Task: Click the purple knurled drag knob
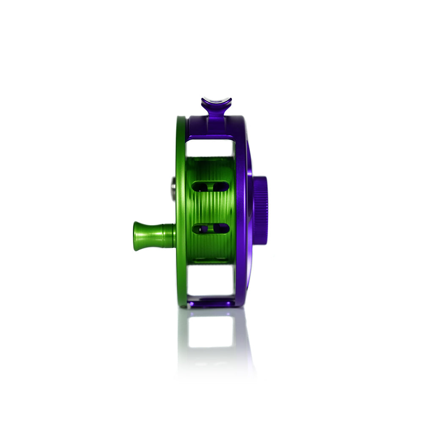click(261, 210)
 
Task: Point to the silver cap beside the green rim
click(173, 189)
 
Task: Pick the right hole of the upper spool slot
click(221, 186)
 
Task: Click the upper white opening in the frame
click(210, 148)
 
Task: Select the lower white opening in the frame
click(210, 280)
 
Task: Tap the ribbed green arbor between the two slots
click(210, 208)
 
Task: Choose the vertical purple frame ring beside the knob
click(242, 211)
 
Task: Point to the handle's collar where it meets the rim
click(171, 236)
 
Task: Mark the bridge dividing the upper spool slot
click(211, 186)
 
